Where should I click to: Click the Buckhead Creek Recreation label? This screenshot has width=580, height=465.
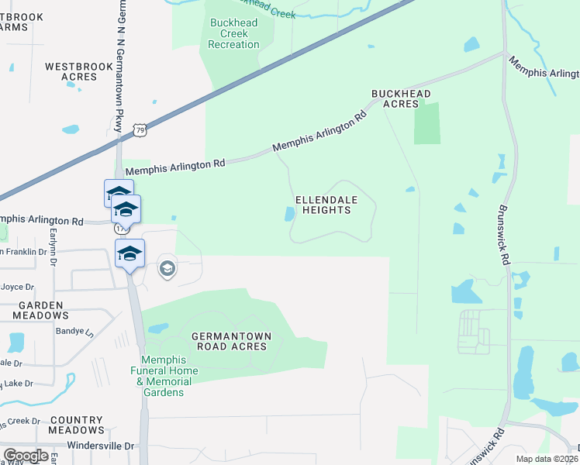click(234, 33)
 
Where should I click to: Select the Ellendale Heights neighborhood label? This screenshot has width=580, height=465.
click(326, 205)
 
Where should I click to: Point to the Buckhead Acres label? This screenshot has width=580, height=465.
click(401, 98)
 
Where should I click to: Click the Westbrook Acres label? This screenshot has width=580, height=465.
click(79, 72)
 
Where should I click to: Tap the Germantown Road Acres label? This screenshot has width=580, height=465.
click(230, 340)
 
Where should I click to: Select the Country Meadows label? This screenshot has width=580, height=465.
click(76, 424)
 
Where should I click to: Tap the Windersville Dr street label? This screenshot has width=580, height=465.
click(101, 446)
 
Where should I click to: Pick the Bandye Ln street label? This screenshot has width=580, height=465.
click(78, 332)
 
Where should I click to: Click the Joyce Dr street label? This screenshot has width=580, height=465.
click(17, 286)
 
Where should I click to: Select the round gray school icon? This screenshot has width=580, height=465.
click(167, 269)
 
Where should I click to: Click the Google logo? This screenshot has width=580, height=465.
click(26, 456)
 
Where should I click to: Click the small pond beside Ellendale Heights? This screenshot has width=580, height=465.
click(289, 214)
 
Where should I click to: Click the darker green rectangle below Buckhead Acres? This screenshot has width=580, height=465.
click(426, 123)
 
